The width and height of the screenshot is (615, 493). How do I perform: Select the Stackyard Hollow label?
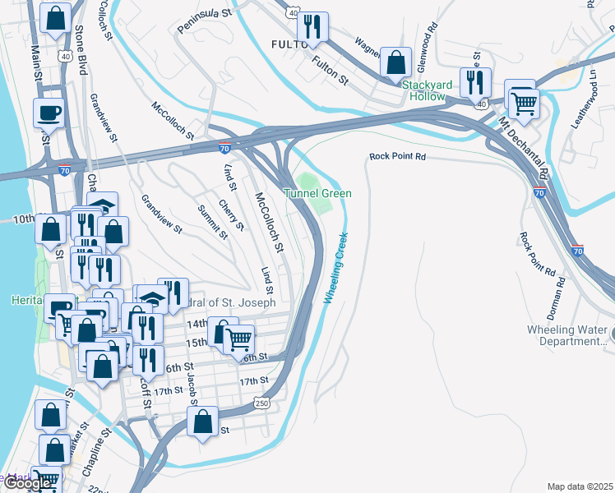pos(423,90)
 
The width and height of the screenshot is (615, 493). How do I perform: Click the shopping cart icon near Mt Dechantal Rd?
pos(523,103)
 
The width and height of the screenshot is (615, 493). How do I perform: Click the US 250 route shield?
pos(261,403)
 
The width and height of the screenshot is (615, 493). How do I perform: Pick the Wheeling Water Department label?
pos(567,335)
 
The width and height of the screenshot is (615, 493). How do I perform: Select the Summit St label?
pos(212,222)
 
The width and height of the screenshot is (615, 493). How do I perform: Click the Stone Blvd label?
pos(81,50)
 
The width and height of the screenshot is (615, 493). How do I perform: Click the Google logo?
pos(27,483)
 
